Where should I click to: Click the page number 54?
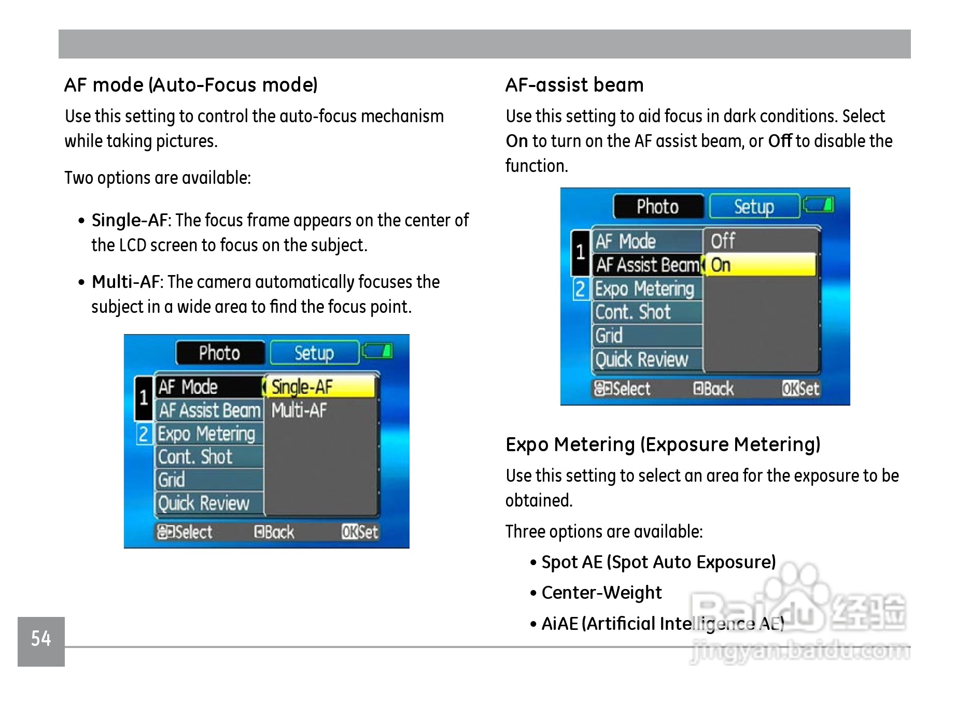pos(41,639)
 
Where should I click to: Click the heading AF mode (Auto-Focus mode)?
pos(191,85)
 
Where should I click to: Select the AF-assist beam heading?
pos(574,85)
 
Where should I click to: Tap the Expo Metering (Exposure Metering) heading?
pos(663,444)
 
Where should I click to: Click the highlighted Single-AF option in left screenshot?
pos(320,387)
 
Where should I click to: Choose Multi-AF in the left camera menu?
pos(299,410)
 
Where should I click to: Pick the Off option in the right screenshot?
pos(723,241)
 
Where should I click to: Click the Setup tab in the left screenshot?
pos(314,353)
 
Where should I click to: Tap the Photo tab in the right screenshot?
pos(657,207)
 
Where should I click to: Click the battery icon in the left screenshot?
pos(377,352)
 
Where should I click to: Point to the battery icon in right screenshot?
pos(819,205)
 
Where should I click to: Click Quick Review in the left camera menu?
pos(204,503)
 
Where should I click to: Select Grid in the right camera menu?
pos(609,336)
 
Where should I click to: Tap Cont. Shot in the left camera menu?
pos(195,457)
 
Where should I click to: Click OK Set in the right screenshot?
pos(800,389)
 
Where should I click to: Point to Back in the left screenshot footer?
pos(274,532)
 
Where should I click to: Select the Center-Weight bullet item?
pos(601,593)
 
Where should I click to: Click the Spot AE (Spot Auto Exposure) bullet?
pos(658,562)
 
